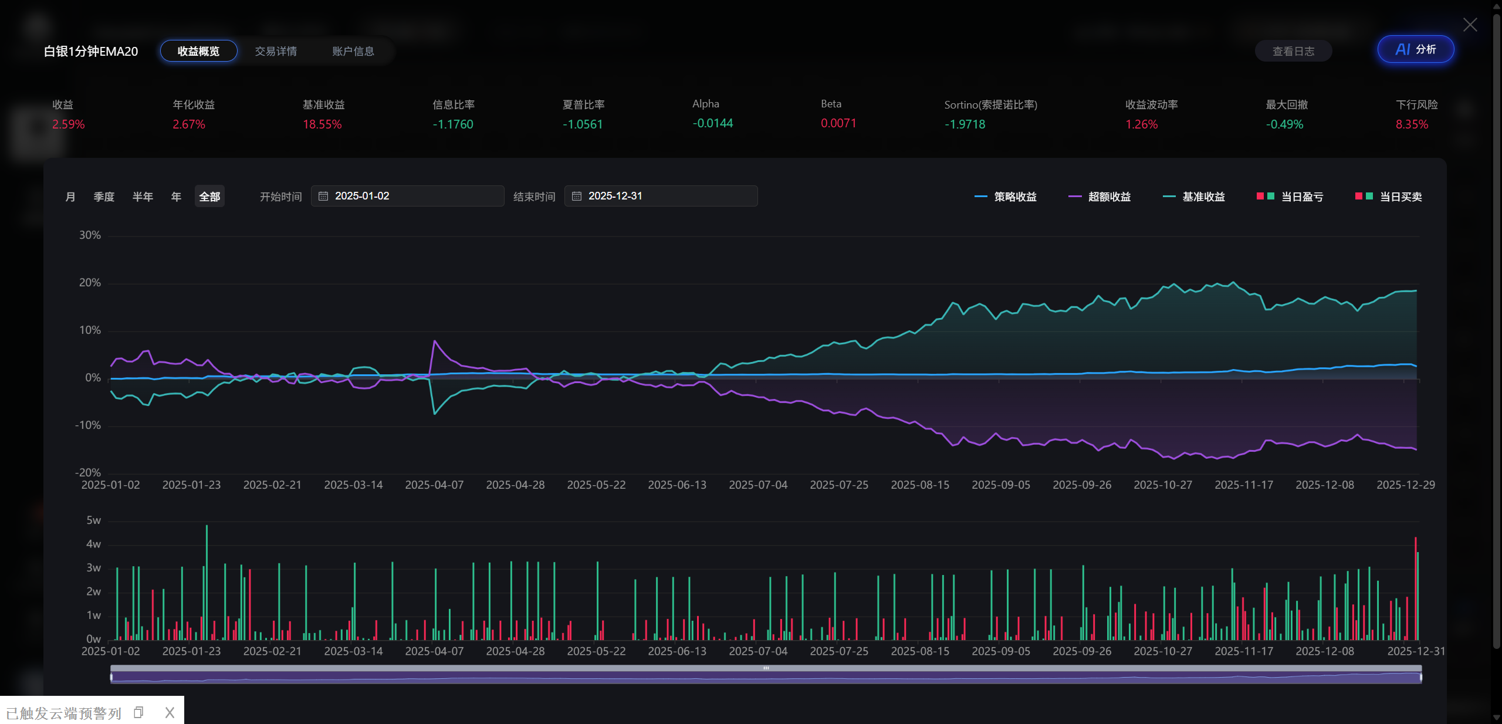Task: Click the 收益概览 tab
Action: point(198,51)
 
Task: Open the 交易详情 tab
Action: point(276,51)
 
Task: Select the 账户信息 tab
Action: point(353,51)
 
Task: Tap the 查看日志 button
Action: point(1293,51)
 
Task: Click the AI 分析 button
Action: point(1416,49)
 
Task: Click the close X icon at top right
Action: point(1470,25)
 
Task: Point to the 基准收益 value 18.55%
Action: point(322,124)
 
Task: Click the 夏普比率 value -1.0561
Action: point(583,124)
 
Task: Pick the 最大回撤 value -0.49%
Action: point(1284,124)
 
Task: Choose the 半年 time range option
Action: point(143,197)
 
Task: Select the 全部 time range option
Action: point(209,197)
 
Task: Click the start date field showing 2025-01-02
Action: point(407,196)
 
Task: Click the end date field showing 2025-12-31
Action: point(661,196)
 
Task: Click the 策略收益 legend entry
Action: point(1005,197)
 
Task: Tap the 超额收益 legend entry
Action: point(1099,197)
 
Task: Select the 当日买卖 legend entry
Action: point(1388,197)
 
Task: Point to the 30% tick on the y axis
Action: point(90,235)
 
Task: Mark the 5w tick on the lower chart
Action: point(93,520)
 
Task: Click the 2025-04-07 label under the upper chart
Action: point(434,485)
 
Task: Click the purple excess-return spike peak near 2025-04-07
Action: point(435,341)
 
